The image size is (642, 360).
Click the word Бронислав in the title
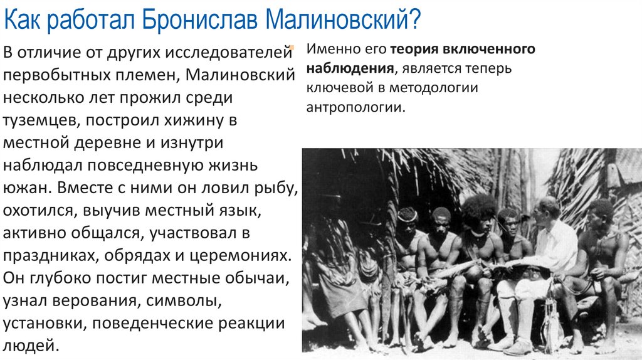pyautogui.click(x=199, y=21)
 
